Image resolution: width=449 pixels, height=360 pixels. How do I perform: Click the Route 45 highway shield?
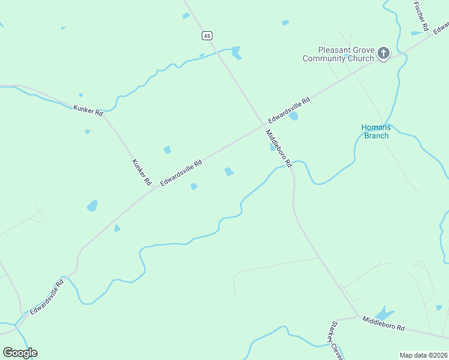pyautogui.click(x=207, y=36)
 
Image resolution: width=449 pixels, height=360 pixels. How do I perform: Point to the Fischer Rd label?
pyautogui.click(x=420, y=16)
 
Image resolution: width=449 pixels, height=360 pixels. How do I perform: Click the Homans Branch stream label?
pyautogui.click(x=376, y=131)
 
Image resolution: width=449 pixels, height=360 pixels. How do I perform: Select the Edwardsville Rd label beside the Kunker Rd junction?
pyautogui.click(x=181, y=173)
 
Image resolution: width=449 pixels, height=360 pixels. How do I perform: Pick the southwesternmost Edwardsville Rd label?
pyautogui.click(x=47, y=297)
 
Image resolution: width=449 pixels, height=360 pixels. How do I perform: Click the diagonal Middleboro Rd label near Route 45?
pyautogui.click(x=279, y=148)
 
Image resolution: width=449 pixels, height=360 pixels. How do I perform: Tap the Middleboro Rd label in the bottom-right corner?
pyautogui.click(x=384, y=328)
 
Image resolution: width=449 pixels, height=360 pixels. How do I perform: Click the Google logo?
pyautogui.click(x=20, y=353)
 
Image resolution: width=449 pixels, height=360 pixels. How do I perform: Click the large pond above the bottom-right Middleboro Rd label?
pyautogui.click(x=383, y=314)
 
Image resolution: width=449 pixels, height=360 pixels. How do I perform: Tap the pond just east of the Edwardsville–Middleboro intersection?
pyautogui.click(x=293, y=116)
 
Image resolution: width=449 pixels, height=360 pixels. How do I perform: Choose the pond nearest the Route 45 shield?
pyautogui.click(x=237, y=52)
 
